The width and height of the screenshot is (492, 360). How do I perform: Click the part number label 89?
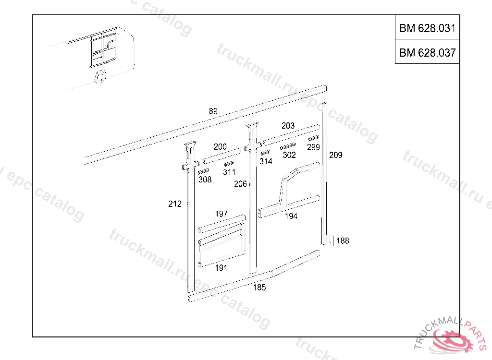pos(213,111)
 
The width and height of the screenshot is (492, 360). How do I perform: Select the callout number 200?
pos(220,147)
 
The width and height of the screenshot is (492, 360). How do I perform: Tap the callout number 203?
pos(288,126)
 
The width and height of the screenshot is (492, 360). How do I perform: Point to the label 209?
pos(335,155)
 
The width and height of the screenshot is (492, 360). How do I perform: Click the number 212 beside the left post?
pos(175,204)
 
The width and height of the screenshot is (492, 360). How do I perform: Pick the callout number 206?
pos(240,184)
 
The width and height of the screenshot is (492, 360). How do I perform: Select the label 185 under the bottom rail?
pos(259,288)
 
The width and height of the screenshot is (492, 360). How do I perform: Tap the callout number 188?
pos(343,241)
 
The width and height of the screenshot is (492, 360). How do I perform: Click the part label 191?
pos(221,268)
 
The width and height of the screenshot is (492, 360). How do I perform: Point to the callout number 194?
pos(291,216)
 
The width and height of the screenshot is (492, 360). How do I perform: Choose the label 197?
pos(221,214)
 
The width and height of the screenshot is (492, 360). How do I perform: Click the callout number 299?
pos(313,147)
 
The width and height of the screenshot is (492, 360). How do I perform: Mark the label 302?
pos(289,155)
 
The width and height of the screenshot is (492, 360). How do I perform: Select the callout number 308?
pos(205,180)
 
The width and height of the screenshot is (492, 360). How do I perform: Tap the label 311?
pos(229,172)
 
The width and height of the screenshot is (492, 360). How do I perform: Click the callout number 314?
pos(266,161)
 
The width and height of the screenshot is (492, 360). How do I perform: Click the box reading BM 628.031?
pos(427,28)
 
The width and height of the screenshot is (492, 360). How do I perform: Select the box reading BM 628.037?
pos(427,53)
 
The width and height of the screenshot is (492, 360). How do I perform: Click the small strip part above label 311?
pos(229,164)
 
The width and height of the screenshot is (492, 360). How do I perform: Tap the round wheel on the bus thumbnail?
pos(100,77)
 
